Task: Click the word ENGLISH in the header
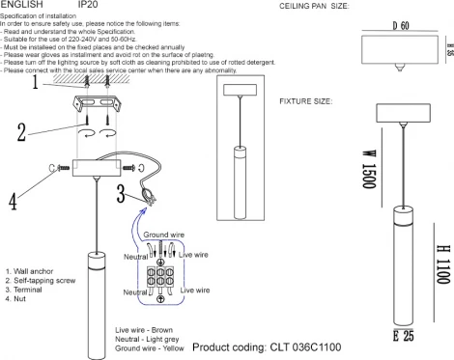21,6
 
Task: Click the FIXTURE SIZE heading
306,101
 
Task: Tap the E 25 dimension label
402,336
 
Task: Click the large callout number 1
35,83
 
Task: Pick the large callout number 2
21,133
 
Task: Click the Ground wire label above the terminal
165,235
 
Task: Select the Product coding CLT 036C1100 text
266,346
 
